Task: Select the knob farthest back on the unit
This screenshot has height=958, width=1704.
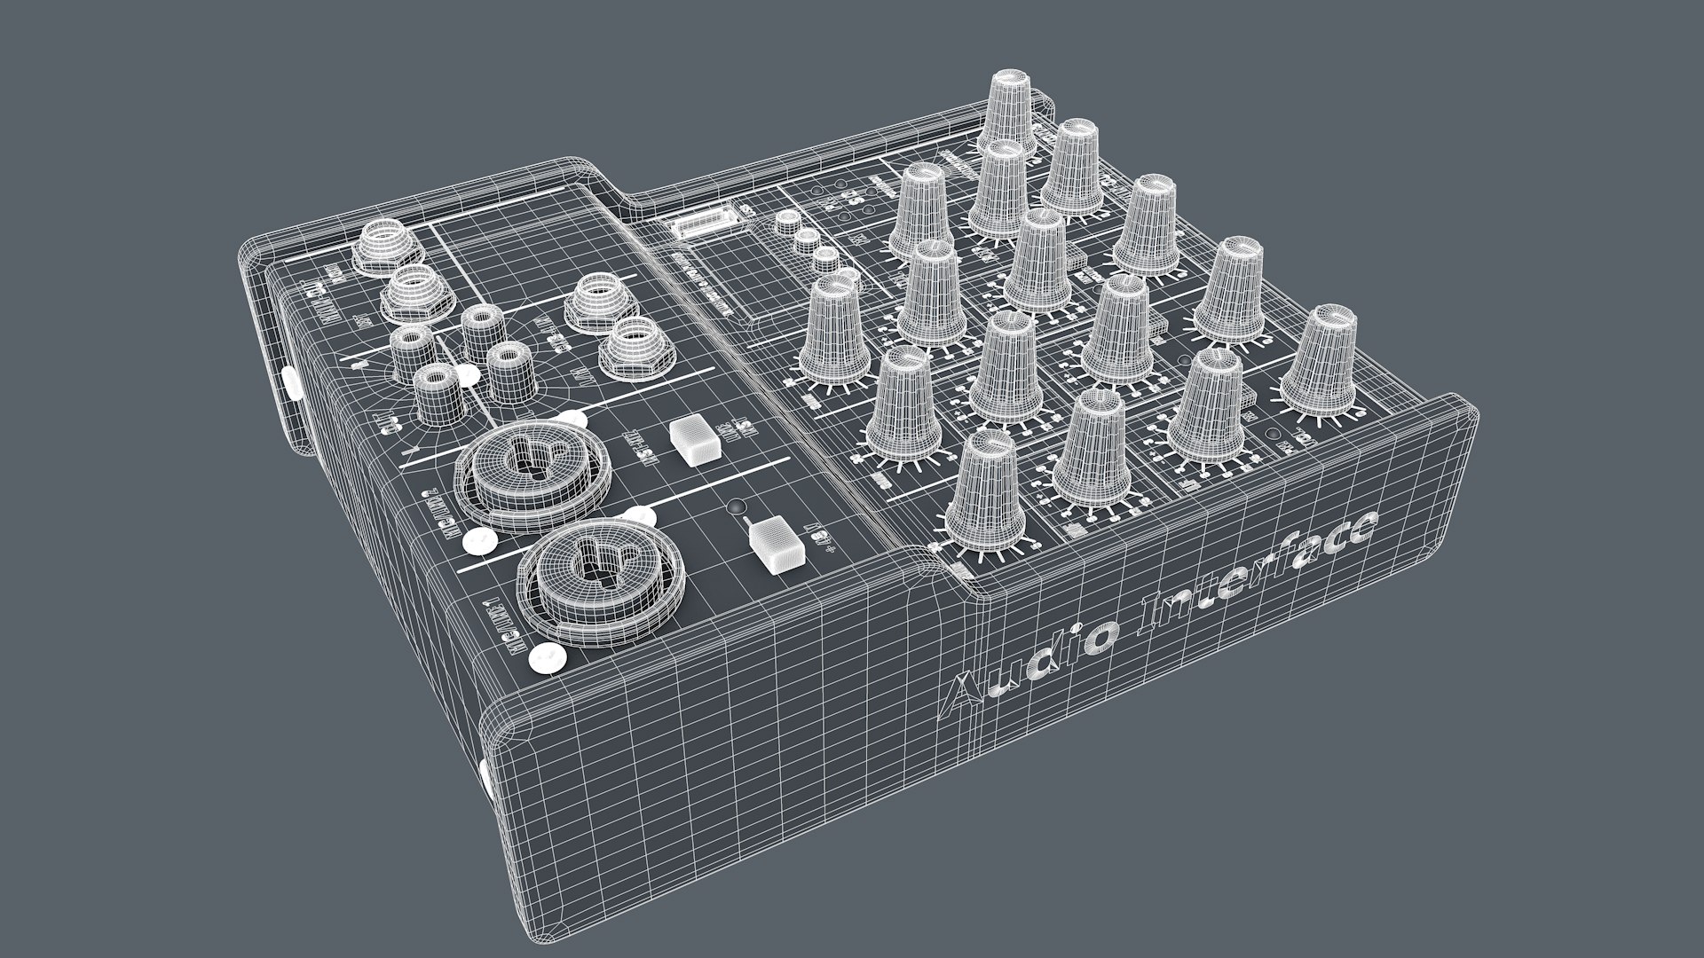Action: (x=1008, y=111)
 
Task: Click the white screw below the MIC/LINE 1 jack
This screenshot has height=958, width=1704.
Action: (x=545, y=657)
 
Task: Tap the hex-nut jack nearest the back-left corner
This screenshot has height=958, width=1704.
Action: (x=379, y=244)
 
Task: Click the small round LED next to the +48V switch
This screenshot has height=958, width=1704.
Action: (x=736, y=508)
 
